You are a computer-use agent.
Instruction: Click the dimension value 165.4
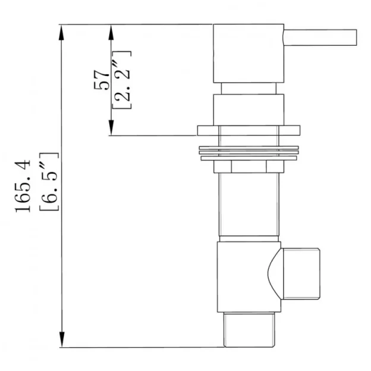point(25,185)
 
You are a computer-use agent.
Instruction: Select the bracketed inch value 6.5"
point(49,181)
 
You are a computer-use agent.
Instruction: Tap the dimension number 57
point(102,79)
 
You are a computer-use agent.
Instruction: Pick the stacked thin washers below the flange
point(248,153)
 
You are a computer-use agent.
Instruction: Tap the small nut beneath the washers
point(248,166)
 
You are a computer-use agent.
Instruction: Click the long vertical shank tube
point(248,205)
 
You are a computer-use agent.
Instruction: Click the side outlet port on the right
point(301,274)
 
